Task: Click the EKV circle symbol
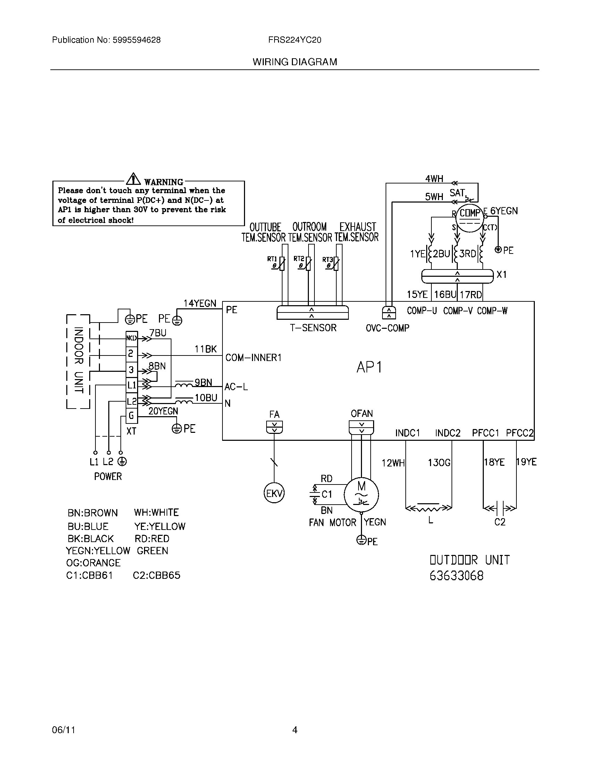pos(274,493)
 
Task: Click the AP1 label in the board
pos(369,367)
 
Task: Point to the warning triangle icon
pos(133,179)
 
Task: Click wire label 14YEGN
pos(200,303)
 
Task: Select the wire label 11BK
pos(205,349)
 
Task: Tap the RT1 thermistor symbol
pos(282,264)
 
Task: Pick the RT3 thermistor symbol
pos(336,264)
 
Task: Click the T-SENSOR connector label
pos(313,328)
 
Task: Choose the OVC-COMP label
pos(387,328)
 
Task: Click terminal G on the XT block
pos(132,416)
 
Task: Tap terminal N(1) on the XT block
pos(132,338)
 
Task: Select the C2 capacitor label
pos(500,522)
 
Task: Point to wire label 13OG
pos(439,463)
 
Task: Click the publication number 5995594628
pos(137,40)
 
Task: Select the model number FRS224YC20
pos(295,40)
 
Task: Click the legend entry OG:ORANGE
pos(93,563)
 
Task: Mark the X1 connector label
pos(501,275)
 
